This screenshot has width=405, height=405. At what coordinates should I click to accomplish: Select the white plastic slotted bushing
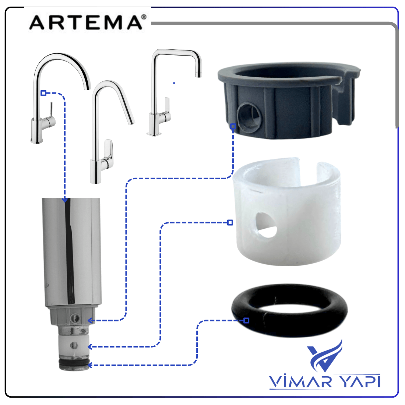(287, 248)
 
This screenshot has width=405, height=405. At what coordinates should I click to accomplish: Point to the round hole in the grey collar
(250, 116)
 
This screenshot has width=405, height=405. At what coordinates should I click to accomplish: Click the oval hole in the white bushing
(266, 225)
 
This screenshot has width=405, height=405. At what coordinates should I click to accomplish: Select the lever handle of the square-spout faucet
(167, 109)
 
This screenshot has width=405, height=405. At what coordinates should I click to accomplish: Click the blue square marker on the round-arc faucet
(43, 93)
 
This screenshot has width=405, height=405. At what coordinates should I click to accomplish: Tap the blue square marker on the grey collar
(233, 126)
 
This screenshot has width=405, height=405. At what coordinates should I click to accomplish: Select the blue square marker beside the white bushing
(230, 222)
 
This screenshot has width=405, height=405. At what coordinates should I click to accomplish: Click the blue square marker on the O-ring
(246, 321)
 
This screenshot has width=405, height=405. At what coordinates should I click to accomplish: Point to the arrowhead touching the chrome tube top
(65, 200)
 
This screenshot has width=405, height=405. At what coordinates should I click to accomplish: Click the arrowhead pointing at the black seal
(89, 365)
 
